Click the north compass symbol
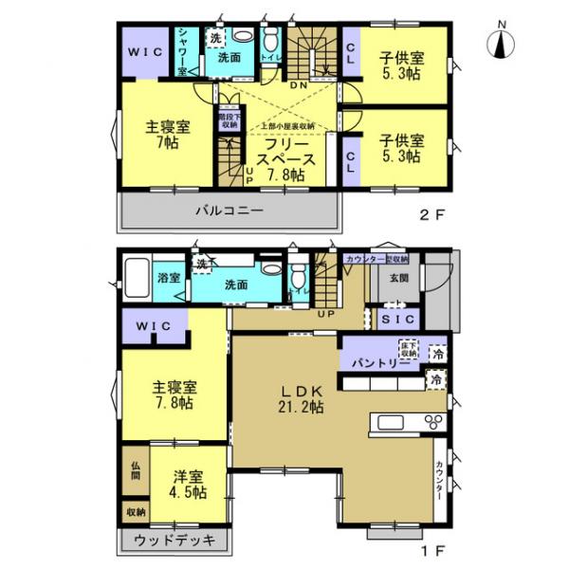(500, 41)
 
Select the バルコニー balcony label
(229, 211)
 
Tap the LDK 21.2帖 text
(302, 398)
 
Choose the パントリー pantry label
(368, 362)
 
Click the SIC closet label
(392, 321)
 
